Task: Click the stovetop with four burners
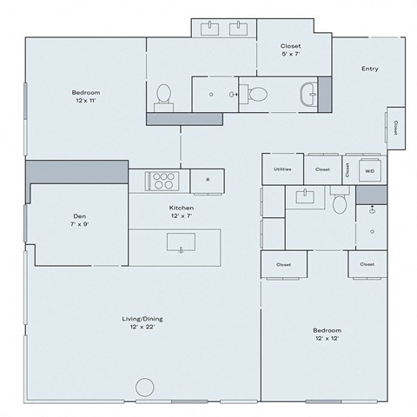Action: coord(161,180)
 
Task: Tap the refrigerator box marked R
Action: coord(207,180)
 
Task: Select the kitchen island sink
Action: coord(182,241)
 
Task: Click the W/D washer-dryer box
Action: coord(369,170)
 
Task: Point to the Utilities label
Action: coord(282,169)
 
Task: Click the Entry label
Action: coord(370,69)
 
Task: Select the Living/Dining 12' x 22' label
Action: coord(142,322)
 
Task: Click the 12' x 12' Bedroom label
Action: coord(327,334)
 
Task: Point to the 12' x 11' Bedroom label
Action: coord(85,96)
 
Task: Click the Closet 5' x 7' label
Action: coord(290,50)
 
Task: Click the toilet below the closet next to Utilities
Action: coord(341,203)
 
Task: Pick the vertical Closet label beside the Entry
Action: coord(395,127)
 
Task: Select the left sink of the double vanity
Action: coord(212,30)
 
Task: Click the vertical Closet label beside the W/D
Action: coord(346,169)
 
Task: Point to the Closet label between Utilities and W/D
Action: coord(322,169)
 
